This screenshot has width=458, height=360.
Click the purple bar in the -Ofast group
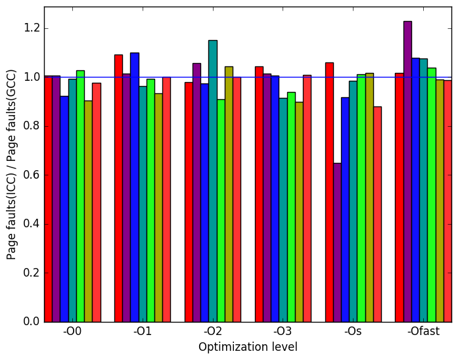pos(408,171)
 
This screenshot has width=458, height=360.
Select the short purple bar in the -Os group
pos(337,242)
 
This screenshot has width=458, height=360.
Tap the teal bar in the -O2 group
pos(213,181)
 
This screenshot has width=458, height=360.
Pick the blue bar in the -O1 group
pos(135,187)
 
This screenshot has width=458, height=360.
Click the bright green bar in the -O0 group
pos(81,196)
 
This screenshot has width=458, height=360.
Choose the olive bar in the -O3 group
pos(299,212)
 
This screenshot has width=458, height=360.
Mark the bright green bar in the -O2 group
pos(221,211)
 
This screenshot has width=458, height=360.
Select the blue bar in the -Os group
pos(345,210)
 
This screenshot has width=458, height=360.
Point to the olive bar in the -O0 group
pos(89,212)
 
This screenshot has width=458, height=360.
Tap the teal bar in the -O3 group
pos(283,210)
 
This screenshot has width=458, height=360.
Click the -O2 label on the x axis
pos(213,332)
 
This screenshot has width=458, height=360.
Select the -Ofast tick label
pos(424,332)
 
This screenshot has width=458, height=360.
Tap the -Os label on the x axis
pos(353,332)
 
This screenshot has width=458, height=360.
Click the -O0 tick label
pos(72,332)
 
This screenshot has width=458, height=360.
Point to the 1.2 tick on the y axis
pos(32,28)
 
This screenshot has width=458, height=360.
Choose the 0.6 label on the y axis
pos(32,175)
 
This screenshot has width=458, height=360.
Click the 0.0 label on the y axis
pos(32,321)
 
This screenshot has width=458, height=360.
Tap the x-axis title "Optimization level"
pos(248,347)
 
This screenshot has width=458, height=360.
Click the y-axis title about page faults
pos(11,165)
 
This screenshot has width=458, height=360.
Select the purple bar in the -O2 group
pos(197,192)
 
